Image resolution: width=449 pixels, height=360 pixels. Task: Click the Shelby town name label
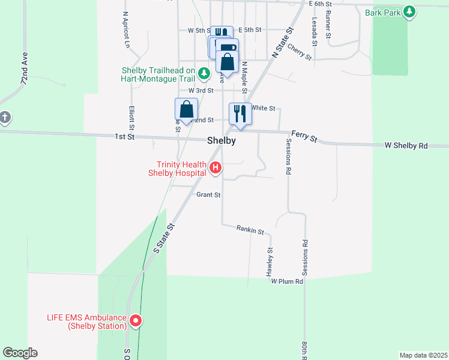click(221, 140)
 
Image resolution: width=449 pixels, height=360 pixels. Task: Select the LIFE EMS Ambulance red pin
click(136, 321)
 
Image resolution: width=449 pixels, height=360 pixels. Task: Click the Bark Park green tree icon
click(409, 11)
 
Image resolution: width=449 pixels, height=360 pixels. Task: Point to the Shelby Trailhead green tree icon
click(204, 74)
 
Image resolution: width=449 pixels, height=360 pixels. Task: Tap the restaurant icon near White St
click(240, 113)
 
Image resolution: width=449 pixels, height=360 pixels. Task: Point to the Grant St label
click(208, 195)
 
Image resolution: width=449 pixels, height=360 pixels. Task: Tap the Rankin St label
click(250, 229)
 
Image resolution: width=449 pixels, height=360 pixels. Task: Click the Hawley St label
click(270, 262)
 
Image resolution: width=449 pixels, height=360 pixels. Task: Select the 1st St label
click(125, 137)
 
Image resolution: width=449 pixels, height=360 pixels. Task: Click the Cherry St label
click(299, 52)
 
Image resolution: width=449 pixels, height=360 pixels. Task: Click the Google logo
click(20, 353)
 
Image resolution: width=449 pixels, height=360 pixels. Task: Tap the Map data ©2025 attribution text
click(423, 355)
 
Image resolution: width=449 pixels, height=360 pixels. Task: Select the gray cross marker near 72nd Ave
click(5, 117)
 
